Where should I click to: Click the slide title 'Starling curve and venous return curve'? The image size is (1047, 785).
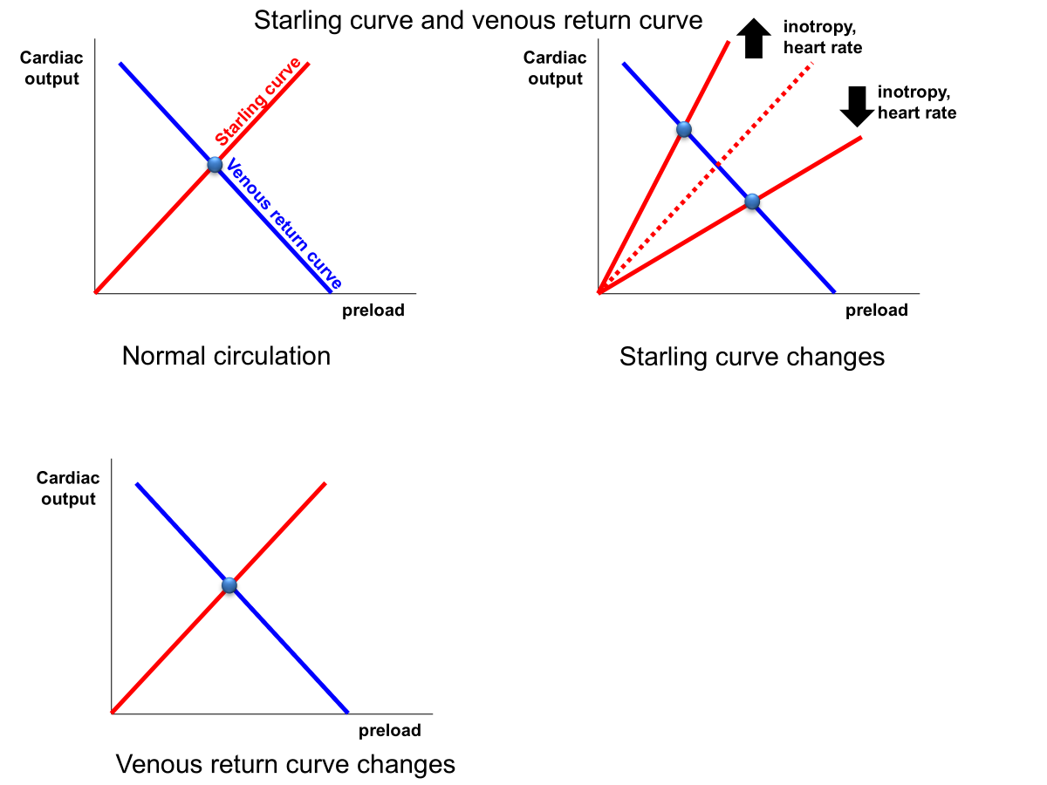coord(478,20)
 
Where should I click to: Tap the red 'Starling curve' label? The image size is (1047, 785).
coord(257,101)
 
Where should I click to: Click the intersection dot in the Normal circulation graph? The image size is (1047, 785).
coord(215,165)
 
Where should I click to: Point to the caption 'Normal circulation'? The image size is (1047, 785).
coord(226,356)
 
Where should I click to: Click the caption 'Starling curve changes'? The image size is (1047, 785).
coord(751,357)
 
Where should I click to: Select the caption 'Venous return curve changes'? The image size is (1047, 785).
coord(285,765)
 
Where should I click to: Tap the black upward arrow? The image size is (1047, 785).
coord(754,39)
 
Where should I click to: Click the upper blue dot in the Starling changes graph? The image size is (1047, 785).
coord(684,130)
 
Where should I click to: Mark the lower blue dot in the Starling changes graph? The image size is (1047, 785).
coord(752,202)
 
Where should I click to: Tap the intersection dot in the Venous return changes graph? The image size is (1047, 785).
coord(229,585)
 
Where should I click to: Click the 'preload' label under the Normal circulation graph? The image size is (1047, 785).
coord(373,311)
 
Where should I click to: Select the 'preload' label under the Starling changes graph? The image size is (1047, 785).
coord(877,311)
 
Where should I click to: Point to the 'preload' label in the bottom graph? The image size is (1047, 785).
coord(390,731)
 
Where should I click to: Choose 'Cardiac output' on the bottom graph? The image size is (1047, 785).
coord(68,488)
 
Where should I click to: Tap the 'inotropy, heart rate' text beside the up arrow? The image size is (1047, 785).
coord(822,37)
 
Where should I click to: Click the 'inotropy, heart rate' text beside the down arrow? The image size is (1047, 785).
coord(916,102)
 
